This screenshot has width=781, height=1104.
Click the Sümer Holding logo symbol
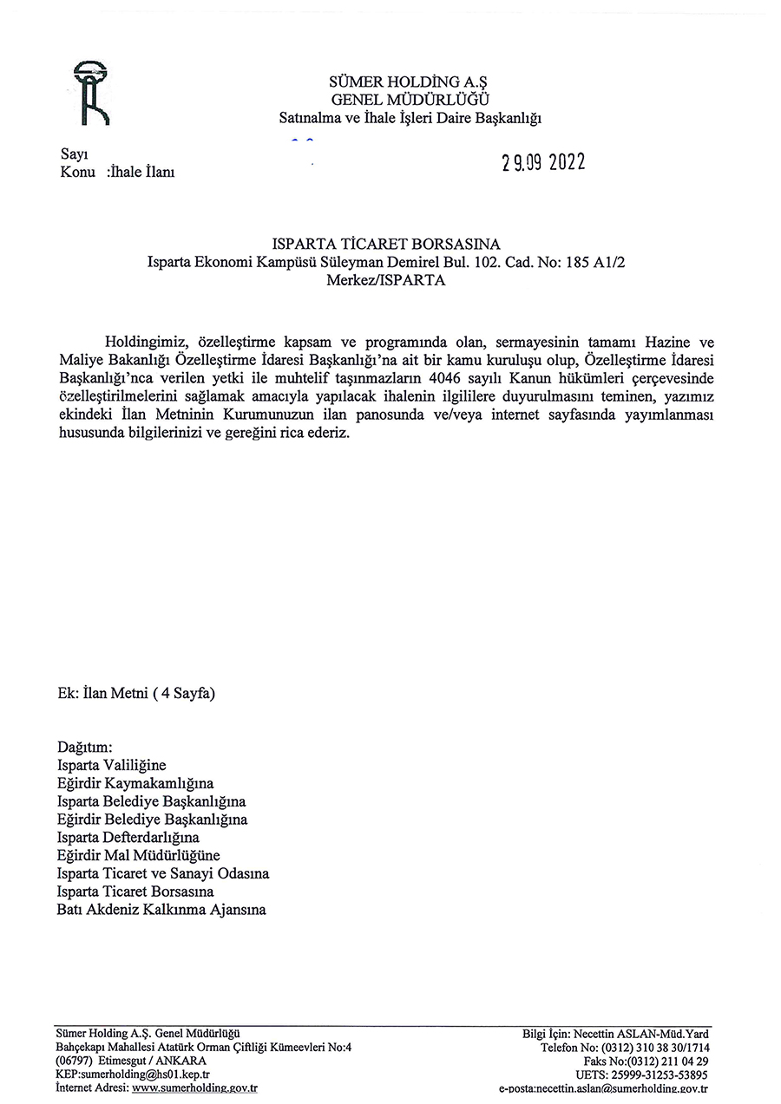(x=91, y=93)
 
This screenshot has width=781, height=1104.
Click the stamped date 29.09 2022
(x=543, y=163)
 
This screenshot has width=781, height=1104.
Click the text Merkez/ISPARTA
(x=386, y=281)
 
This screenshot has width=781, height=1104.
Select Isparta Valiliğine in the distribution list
(x=111, y=765)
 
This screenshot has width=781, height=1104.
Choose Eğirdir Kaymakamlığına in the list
(x=135, y=783)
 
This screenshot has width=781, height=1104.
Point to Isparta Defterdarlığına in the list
(x=128, y=838)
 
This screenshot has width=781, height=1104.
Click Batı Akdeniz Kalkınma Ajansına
(x=161, y=910)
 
